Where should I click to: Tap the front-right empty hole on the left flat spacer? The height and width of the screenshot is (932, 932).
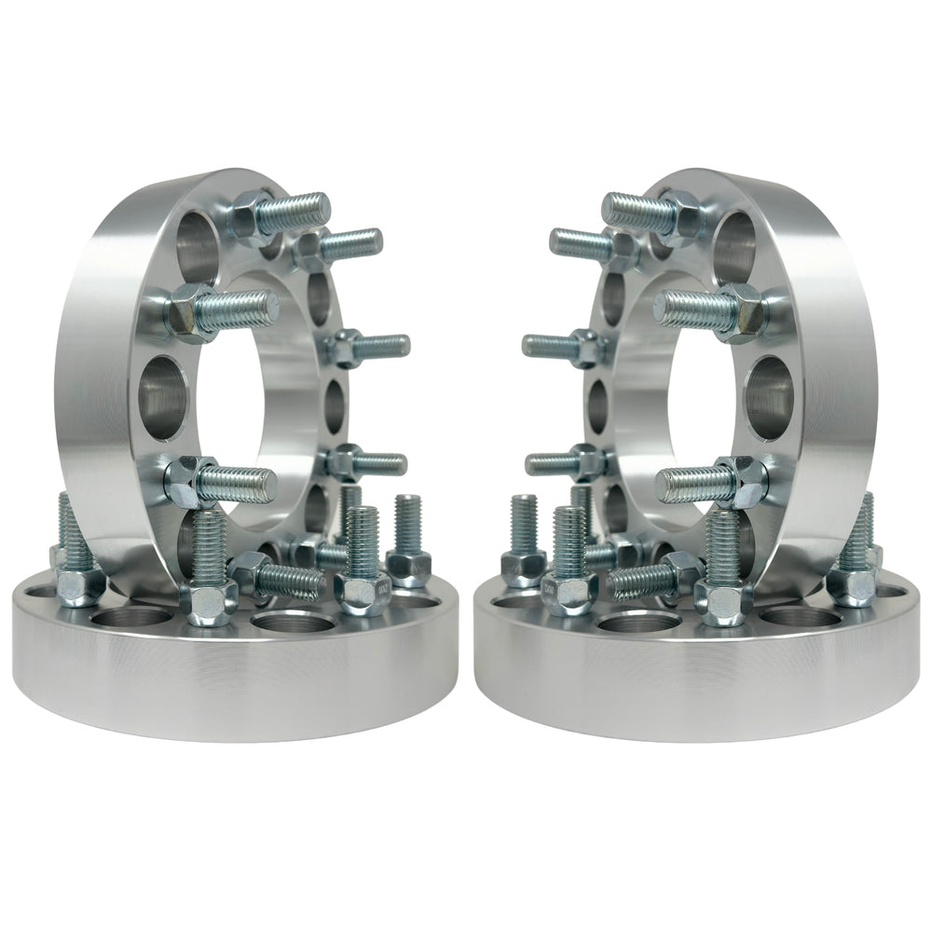coord(284,622)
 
